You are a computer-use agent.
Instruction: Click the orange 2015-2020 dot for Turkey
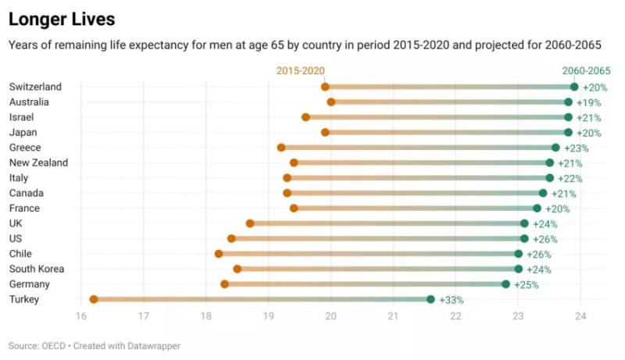(94, 299)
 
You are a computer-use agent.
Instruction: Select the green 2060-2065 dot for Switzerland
(574, 87)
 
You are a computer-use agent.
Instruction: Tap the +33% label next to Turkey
(452, 300)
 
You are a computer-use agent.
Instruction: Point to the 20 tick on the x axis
(330, 316)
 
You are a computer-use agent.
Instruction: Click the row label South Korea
(37, 269)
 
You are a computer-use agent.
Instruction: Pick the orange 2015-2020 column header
(300, 71)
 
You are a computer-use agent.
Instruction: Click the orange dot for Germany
(225, 284)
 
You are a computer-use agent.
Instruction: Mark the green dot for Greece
(555, 148)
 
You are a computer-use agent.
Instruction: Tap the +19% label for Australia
(588, 102)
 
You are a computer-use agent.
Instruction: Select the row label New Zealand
(38, 162)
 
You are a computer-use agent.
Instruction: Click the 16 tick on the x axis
(80, 316)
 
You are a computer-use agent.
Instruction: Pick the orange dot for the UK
(250, 223)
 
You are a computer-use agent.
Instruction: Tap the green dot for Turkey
(430, 299)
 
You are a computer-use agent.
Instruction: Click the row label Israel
(21, 117)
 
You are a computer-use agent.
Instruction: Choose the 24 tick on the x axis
(580, 316)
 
